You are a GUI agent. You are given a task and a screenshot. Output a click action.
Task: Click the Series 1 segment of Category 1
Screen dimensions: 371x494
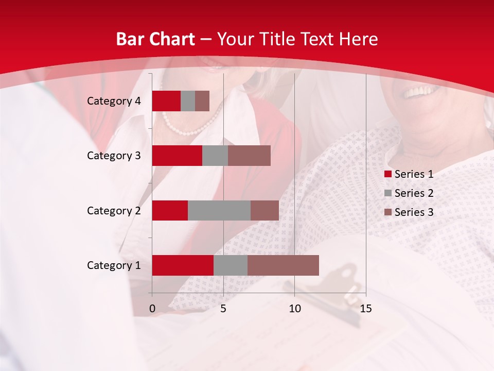click(183, 265)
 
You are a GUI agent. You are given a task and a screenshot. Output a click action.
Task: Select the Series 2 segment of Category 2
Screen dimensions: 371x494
click(219, 210)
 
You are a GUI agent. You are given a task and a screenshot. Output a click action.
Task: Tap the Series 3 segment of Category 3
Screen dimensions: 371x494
click(249, 156)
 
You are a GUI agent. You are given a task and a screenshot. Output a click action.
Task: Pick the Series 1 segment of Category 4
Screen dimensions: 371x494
click(166, 101)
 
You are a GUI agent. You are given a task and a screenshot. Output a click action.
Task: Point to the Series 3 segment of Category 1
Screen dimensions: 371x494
click(283, 265)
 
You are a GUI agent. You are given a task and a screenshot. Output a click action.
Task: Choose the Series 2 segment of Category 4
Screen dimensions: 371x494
click(188, 101)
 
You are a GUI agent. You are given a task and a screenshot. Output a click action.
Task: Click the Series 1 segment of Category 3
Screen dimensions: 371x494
click(177, 156)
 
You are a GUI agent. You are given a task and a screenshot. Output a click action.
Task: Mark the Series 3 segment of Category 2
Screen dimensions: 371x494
click(264, 210)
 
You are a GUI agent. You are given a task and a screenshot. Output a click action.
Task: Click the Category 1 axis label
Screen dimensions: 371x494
click(114, 265)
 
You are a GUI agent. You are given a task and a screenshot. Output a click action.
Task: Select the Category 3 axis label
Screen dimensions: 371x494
click(114, 156)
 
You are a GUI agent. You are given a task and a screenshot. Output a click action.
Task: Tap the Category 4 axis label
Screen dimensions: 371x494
click(114, 101)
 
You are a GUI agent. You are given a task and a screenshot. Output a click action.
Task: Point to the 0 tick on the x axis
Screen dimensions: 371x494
click(152, 309)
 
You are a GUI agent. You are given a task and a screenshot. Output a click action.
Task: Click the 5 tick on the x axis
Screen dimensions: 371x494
click(223, 309)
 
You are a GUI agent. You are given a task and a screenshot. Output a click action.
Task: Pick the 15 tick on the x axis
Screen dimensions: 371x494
click(366, 309)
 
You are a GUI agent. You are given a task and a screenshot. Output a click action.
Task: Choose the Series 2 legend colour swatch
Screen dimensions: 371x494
click(388, 194)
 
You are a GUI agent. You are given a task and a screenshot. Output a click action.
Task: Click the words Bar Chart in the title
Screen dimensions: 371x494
click(155, 39)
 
